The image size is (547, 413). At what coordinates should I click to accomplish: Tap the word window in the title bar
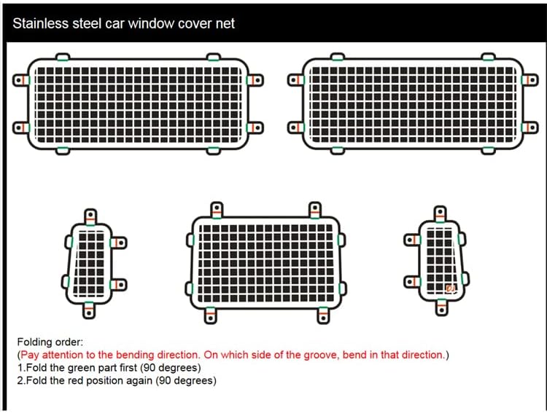(145, 23)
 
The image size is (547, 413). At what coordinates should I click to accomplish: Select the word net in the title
(225, 23)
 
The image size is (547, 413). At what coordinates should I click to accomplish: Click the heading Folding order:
(50, 342)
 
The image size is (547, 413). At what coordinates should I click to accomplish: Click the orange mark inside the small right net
(450, 289)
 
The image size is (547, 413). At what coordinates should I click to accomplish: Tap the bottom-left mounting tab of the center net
(209, 314)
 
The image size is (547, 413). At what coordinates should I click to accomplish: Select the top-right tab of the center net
(316, 211)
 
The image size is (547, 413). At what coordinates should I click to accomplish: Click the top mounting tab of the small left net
(90, 216)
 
